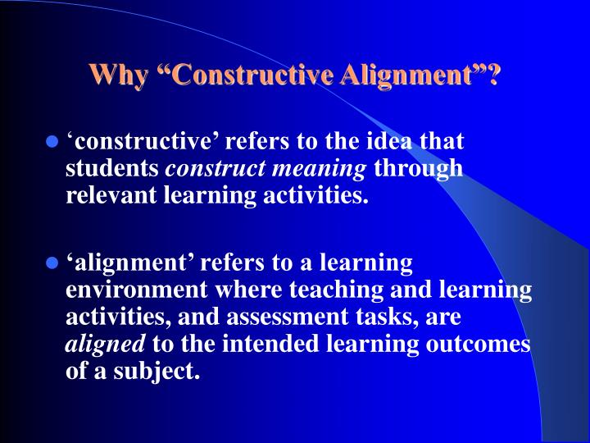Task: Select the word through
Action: (419, 168)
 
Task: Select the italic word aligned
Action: (93, 344)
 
